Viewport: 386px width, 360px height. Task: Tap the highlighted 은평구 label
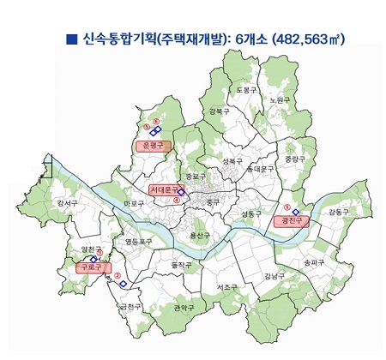coord(154,146)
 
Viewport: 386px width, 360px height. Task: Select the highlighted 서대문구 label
coord(165,189)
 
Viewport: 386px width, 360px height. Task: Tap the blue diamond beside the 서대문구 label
coord(182,192)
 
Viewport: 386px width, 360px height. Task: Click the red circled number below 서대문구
coord(177,201)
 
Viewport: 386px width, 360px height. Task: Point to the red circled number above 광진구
coord(286,208)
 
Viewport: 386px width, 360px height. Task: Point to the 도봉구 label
coord(246,89)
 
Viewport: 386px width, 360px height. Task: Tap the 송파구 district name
coord(315,261)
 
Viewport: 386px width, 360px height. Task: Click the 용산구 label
coord(199,235)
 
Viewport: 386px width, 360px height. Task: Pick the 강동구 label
coord(339,211)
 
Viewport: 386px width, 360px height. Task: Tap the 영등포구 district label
coord(139,242)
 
